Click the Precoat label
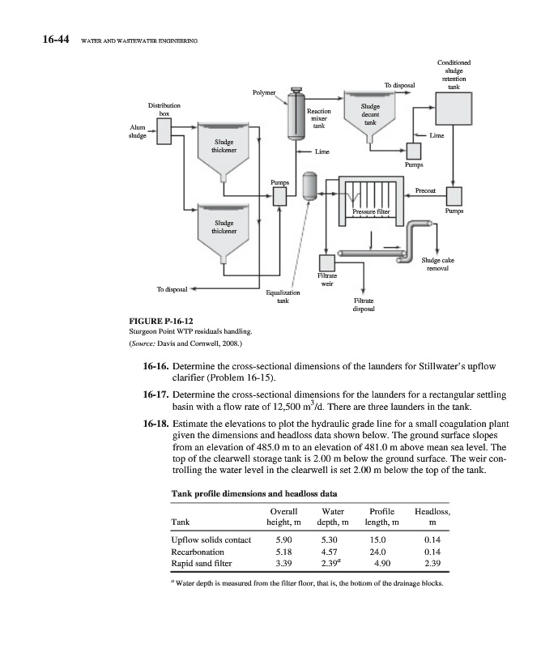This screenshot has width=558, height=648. click(426, 190)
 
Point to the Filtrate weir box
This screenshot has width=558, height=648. click(328, 264)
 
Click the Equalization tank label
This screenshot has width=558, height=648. click(283, 295)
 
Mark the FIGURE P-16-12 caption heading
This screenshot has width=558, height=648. click(161, 320)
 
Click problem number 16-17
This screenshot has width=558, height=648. click(154, 394)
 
